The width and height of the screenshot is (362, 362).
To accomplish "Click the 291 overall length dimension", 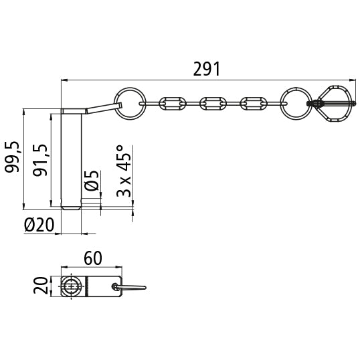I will coord(206,69).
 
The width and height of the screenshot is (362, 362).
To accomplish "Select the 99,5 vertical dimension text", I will coord(12,157).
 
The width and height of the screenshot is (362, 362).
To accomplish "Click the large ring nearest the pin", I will coord(130,102).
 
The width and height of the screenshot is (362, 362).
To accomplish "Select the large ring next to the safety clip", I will coord(294,103).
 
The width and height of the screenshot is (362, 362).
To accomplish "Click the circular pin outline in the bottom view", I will coord(72,287).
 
